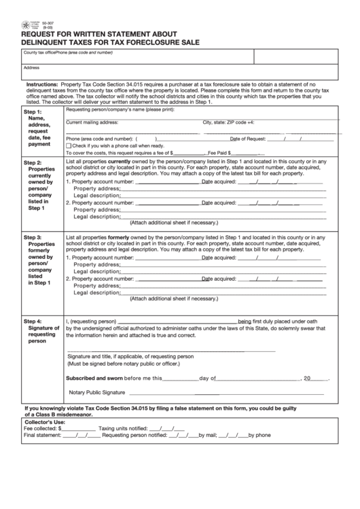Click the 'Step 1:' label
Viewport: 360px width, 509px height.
33,111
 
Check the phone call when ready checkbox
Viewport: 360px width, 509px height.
69,145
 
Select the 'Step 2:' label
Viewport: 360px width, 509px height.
33,163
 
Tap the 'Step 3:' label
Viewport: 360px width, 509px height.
33,237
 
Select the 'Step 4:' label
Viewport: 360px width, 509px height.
33,321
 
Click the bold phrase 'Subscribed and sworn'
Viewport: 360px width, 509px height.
94,378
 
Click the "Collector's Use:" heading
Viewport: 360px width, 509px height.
45,423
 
